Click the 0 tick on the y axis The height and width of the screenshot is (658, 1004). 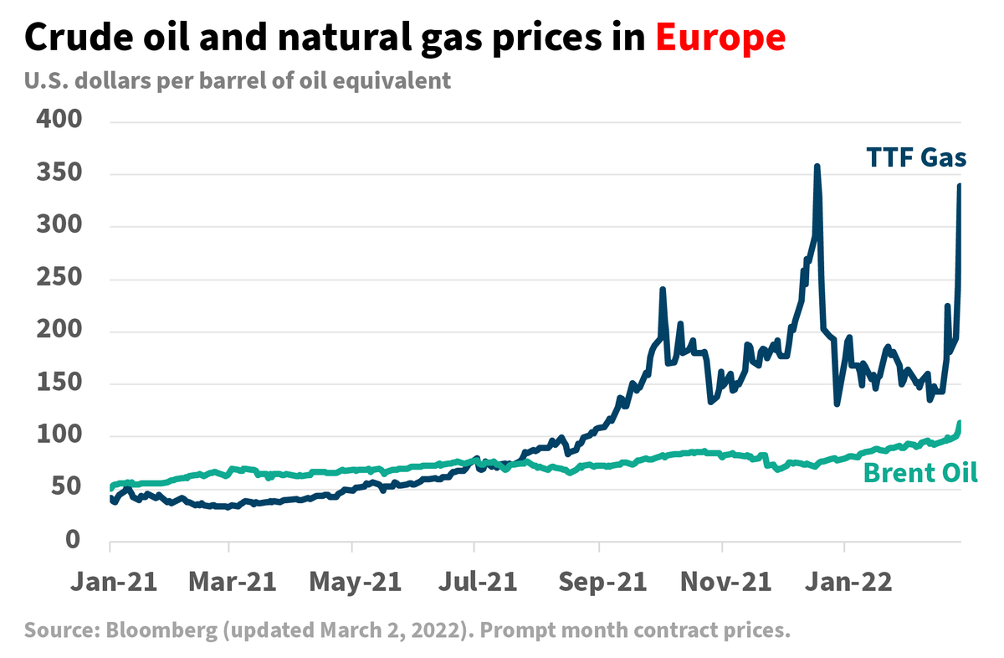74,541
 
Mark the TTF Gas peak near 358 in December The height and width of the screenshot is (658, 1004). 817,166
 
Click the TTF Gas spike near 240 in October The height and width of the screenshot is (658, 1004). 663,290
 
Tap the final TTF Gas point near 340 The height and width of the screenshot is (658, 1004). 959,185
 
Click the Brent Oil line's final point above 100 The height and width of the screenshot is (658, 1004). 960,423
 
